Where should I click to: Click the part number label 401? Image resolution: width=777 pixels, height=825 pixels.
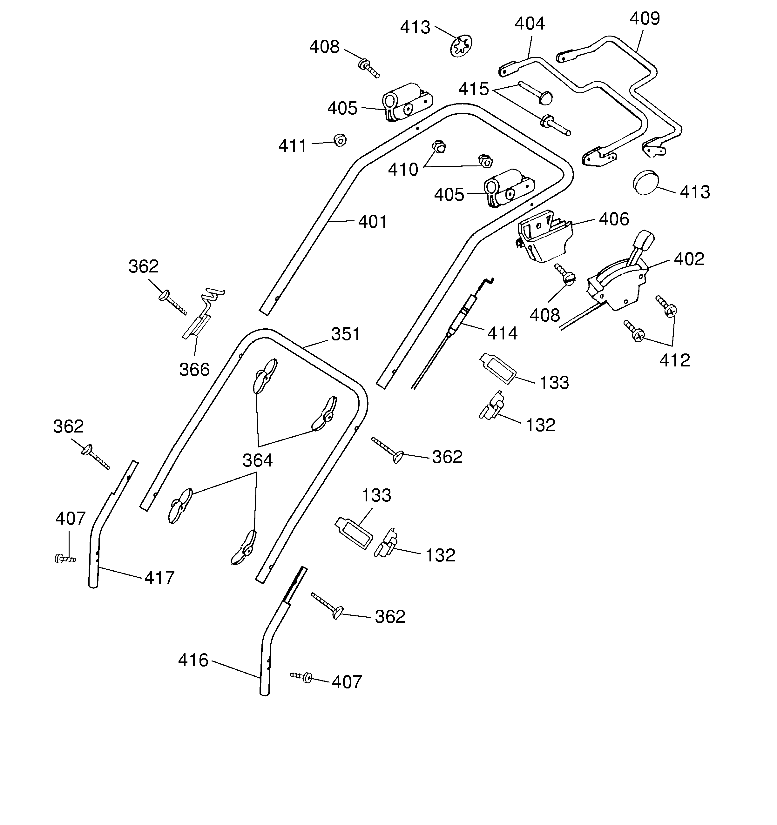[x=372, y=222]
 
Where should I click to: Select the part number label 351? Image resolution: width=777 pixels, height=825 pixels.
[x=345, y=334]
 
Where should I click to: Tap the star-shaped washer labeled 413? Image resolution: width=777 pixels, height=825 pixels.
[x=461, y=46]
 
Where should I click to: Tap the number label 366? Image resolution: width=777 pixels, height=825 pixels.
[x=194, y=369]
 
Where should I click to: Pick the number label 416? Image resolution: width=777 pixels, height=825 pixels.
[x=193, y=660]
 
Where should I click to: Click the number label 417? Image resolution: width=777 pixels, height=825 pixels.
[x=159, y=578]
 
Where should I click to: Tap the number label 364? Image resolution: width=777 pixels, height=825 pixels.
[x=257, y=460]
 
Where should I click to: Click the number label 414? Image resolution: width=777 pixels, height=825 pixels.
[x=502, y=333]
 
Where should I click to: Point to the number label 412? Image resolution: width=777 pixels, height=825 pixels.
[x=674, y=360]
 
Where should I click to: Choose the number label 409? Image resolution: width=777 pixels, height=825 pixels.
[x=645, y=18]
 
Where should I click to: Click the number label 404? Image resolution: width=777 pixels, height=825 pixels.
[x=530, y=23]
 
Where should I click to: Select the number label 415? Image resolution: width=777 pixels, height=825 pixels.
[x=474, y=89]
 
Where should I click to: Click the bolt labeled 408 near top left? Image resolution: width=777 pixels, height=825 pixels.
[x=368, y=69]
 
